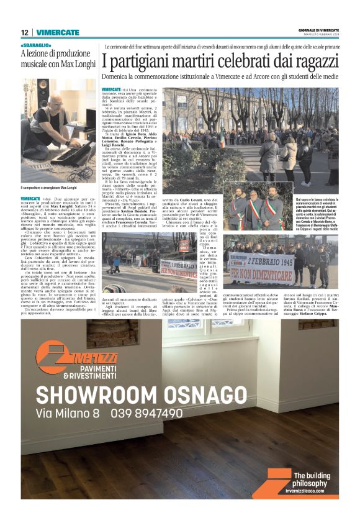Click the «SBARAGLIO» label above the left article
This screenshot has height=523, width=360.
[35, 45]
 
